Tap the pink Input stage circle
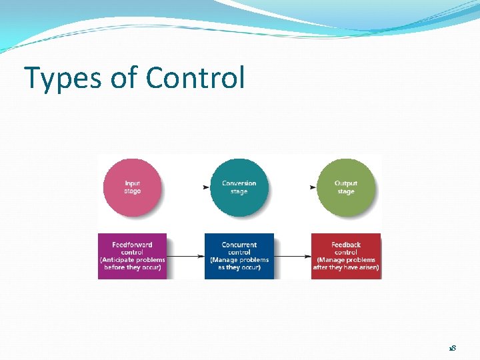tap(132, 187)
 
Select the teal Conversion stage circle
tap(239, 187)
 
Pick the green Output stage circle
tap(345, 187)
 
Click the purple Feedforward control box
tap(132, 256)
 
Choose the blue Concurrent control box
tap(239, 256)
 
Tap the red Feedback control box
tap(345, 256)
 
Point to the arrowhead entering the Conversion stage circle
tap(206, 187)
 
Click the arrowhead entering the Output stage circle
tap(313, 187)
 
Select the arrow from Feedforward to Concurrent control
tap(185, 256)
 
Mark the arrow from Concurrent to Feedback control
tap(292, 256)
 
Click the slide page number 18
tap(452, 349)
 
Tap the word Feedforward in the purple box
tap(132, 245)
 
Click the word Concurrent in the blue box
tap(239, 245)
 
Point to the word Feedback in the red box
tap(345, 245)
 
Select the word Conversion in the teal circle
tap(239, 183)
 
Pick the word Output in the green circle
tap(345, 183)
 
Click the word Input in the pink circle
tap(132, 183)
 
